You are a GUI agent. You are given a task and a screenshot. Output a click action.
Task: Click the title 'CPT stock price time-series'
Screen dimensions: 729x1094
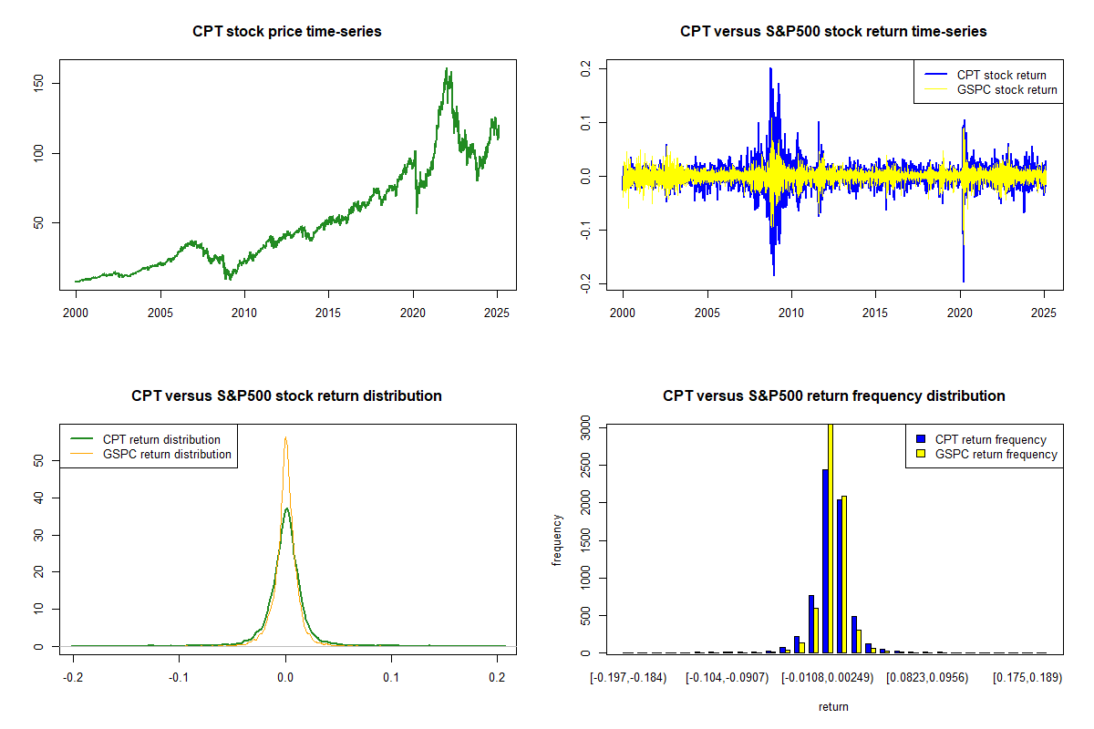(286, 32)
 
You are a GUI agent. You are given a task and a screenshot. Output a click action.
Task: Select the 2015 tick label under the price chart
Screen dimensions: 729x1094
(328, 313)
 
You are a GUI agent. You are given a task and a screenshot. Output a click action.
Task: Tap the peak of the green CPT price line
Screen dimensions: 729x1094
(447, 68)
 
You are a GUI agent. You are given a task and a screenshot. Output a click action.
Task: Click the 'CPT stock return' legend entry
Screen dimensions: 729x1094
(1001, 75)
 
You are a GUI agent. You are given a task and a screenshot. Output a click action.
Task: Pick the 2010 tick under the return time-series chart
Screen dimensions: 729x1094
(791, 313)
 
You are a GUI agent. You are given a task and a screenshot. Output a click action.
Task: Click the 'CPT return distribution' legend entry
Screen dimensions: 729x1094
(161, 439)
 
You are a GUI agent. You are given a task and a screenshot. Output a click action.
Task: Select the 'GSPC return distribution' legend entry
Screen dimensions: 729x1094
(167, 454)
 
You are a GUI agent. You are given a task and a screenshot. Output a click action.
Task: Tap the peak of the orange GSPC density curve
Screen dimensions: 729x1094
(285, 438)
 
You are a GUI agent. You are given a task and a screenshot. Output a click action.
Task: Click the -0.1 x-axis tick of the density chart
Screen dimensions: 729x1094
(180, 677)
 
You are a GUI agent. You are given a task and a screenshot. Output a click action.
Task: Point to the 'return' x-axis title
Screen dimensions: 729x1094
(833, 706)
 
